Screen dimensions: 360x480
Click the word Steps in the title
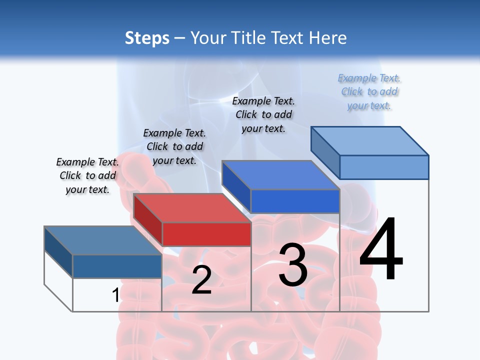tap(147, 38)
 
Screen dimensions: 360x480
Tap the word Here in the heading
tap(328, 38)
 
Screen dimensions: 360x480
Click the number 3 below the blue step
tap(293, 265)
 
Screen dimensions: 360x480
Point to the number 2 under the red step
tap(201, 280)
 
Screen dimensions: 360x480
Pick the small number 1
tap(115, 295)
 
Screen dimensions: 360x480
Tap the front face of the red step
tap(206, 234)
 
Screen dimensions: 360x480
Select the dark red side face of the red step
tap(147, 218)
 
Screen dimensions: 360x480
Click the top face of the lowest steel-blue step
tap(102, 240)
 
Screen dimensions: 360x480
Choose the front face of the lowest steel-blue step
tap(117, 266)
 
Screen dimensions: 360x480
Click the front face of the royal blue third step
tap(295, 201)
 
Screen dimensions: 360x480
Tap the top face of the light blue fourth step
tap(369, 141)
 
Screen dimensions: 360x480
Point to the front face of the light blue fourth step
tap(384, 167)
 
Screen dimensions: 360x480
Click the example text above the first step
tap(87, 175)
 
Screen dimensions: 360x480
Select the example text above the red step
tap(174, 146)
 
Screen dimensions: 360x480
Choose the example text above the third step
tap(263, 114)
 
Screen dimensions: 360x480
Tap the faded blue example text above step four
tap(369, 91)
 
